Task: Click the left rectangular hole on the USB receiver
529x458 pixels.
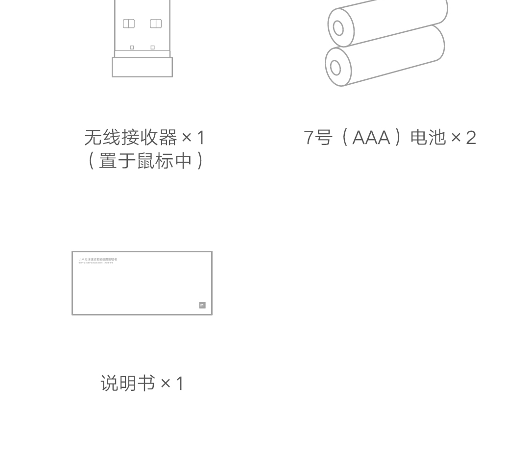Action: pos(129,24)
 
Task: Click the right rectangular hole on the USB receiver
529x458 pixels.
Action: pos(156,24)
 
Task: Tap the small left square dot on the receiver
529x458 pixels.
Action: pos(132,48)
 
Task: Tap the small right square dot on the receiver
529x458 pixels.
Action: pos(153,48)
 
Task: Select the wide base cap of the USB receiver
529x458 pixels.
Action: pos(142,67)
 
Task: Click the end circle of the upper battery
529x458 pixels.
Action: pos(338,28)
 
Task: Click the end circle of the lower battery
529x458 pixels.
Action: pos(336,68)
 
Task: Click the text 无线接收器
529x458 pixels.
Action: pos(131,138)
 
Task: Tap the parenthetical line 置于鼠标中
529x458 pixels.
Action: pos(145,161)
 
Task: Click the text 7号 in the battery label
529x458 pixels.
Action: pos(318,138)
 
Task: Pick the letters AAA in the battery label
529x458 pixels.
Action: pos(371,138)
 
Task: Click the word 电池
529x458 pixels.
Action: pos(428,138)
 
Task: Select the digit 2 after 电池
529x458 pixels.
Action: pos(471,138)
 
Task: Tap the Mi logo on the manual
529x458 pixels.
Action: pos(202,305)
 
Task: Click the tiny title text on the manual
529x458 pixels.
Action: pos(97,259)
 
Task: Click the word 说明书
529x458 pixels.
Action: pos(128,384)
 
